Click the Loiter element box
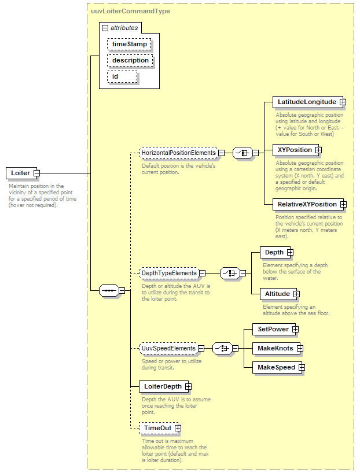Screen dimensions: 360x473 click(21, 173)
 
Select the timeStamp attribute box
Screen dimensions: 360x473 click(129, 44)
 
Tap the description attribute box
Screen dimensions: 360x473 click(130, 60)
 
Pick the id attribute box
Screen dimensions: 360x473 click(122, 77)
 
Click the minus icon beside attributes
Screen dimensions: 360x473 click(105, 28)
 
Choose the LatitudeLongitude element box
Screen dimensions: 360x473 click(308, 102)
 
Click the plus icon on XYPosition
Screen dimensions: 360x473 click(319, 150)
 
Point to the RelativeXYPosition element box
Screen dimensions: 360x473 click(308, 204)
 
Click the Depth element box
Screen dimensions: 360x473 click(275, 252)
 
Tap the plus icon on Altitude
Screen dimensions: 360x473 click(296, 294)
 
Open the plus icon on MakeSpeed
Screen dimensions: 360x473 click(302, 367)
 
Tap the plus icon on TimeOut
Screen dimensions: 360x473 click(178, 428)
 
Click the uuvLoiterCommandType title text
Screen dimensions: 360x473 click(130, 11)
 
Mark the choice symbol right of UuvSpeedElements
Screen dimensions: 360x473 click(223, 349)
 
